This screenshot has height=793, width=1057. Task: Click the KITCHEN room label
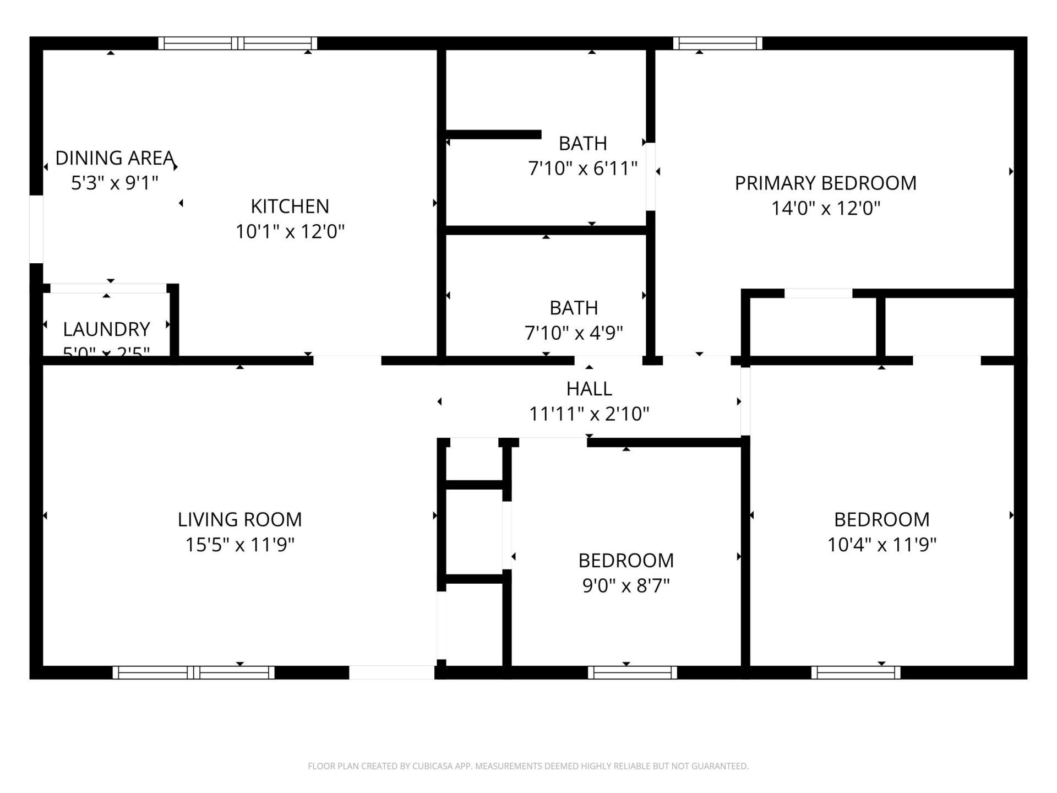290,207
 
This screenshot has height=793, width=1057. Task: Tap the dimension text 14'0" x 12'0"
825,209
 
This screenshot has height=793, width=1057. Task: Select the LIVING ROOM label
239,519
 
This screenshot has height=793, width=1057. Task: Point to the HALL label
589,389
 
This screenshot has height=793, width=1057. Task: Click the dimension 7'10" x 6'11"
582,169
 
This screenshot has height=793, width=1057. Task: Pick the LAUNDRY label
106,329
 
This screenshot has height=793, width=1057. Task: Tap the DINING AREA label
115,158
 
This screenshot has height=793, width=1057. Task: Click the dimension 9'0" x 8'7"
626,586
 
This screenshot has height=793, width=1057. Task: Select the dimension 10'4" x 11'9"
881,545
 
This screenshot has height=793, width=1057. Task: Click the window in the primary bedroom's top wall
717,43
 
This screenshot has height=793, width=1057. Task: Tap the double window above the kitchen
238,43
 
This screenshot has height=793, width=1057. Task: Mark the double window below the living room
193,672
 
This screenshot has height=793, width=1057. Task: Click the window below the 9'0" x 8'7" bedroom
632,672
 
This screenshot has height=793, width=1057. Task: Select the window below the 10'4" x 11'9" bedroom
856,672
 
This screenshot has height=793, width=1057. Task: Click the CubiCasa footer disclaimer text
528,766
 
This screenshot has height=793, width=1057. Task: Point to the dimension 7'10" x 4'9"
574,333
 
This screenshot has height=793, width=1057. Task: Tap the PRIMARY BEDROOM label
825,183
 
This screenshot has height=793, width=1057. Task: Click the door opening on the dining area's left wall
36,229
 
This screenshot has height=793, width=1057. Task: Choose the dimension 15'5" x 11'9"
239,545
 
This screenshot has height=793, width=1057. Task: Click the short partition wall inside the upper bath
493,134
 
